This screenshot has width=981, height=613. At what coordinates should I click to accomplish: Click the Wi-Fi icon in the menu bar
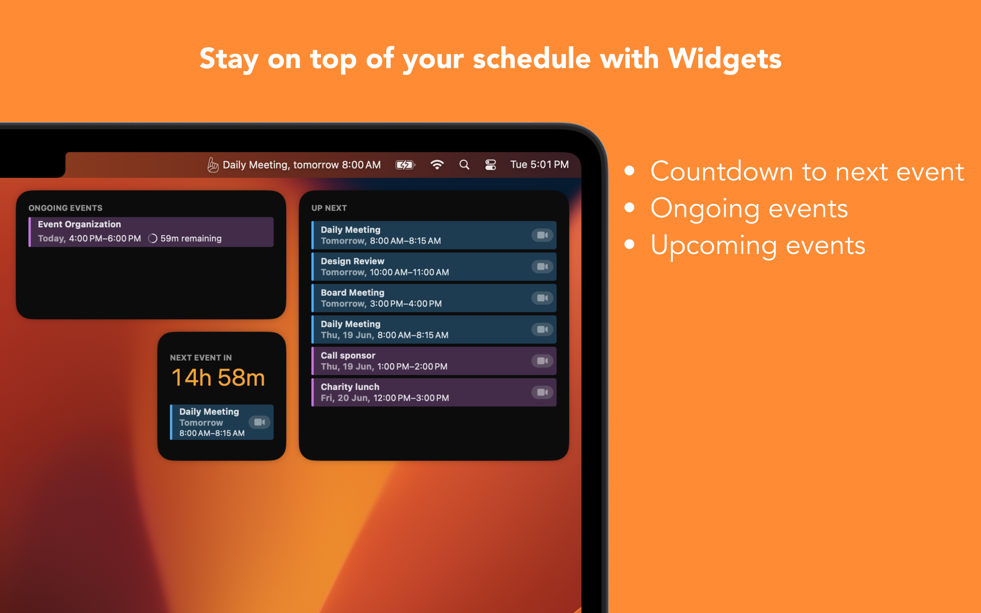(436, 165)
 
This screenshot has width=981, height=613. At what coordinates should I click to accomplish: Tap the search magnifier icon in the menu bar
(464, 165)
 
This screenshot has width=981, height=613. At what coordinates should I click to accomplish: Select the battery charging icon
(405, 165)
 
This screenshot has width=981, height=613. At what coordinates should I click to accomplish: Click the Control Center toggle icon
(490, 165)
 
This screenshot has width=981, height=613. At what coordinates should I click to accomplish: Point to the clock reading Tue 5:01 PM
(539, 165)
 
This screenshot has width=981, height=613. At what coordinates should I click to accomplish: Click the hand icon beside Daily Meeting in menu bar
(213, 165)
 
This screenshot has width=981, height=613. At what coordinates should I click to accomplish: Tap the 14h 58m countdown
(218, 377)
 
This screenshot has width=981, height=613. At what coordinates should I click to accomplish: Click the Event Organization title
(79, 224)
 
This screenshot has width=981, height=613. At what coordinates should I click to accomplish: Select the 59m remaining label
(191, 238)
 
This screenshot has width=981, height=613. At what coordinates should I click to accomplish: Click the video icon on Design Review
(542, 266)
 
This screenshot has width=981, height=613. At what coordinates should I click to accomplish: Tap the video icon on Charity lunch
(542, 392)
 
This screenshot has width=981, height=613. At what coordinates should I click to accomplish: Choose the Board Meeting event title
(352, 292)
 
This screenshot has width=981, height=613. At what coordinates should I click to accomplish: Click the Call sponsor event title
(348, 356)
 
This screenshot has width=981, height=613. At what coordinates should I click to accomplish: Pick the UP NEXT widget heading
(329, 208)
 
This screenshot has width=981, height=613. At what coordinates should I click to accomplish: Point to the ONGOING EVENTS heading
(65, 208)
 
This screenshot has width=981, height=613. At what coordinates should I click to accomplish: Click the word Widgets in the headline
(724, 59)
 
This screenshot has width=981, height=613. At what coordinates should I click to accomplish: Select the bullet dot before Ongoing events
(629, 208)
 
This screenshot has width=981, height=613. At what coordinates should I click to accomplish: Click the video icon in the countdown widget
(259, 422)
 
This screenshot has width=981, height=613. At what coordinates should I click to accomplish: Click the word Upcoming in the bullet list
(714, 246)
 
